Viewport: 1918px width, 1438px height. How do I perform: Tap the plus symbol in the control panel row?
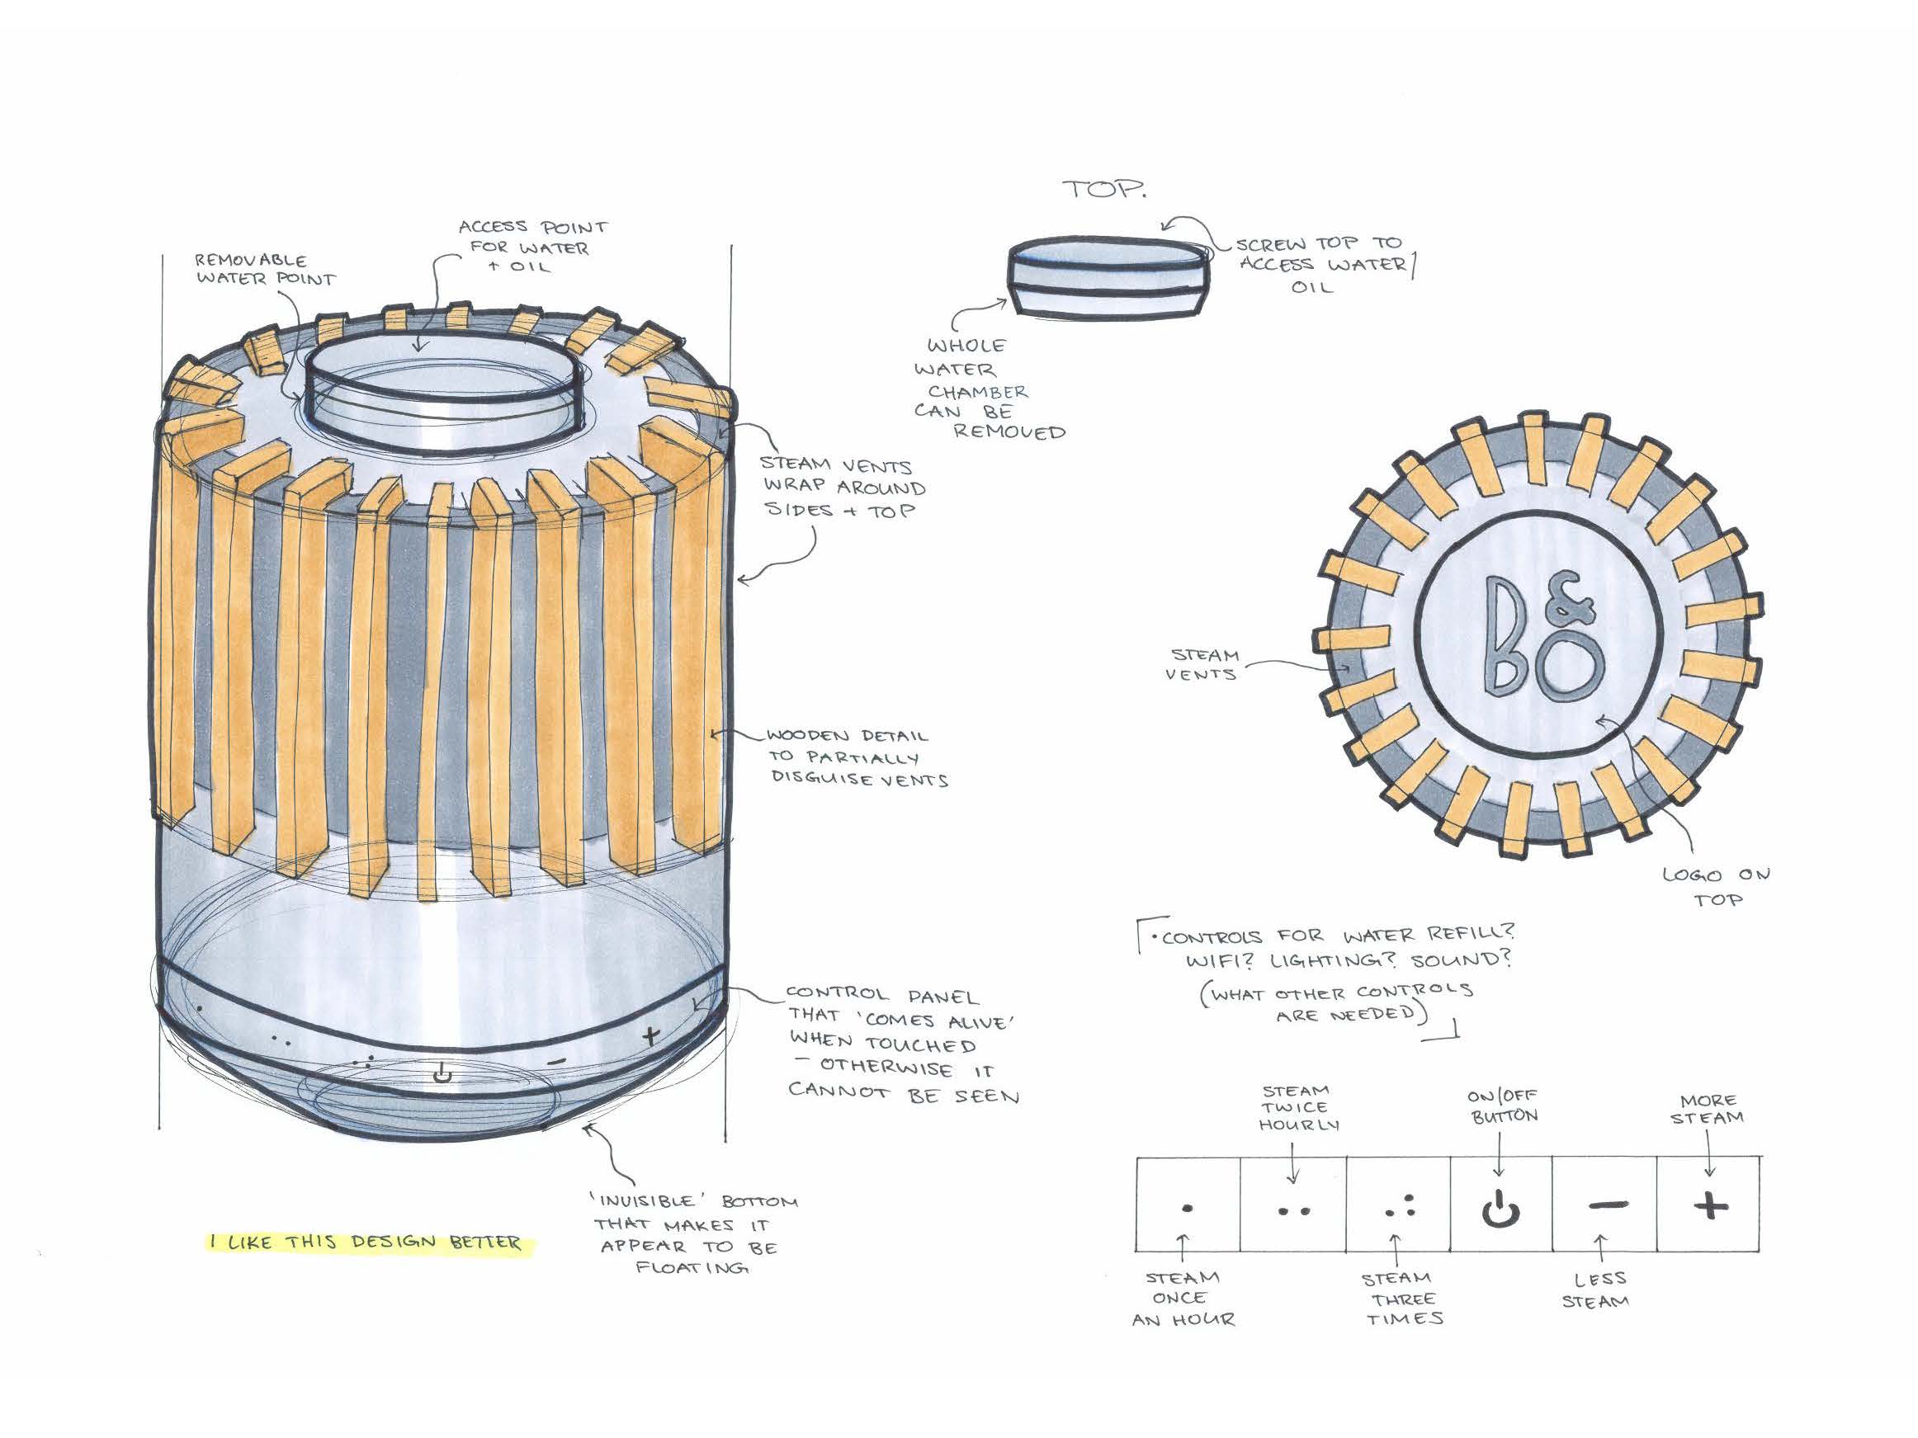coord(1710,1205)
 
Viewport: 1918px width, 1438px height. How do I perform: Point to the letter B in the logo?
coord(1508,635)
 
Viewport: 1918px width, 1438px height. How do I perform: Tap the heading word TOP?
coord(1103,189)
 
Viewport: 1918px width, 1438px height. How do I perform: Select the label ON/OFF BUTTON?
coord(1503,1106)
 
